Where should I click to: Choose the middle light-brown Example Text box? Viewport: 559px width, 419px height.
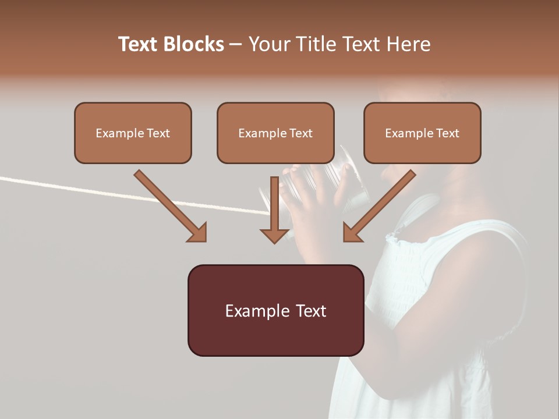click(x=275, y=150)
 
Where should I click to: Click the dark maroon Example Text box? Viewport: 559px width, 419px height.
click(x=275, y=335)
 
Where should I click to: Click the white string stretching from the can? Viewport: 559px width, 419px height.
click(x=116, y=193)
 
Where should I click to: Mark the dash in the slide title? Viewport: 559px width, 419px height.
click(x=236, y=44)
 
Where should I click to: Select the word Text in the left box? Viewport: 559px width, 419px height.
click(x=158, y=133)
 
